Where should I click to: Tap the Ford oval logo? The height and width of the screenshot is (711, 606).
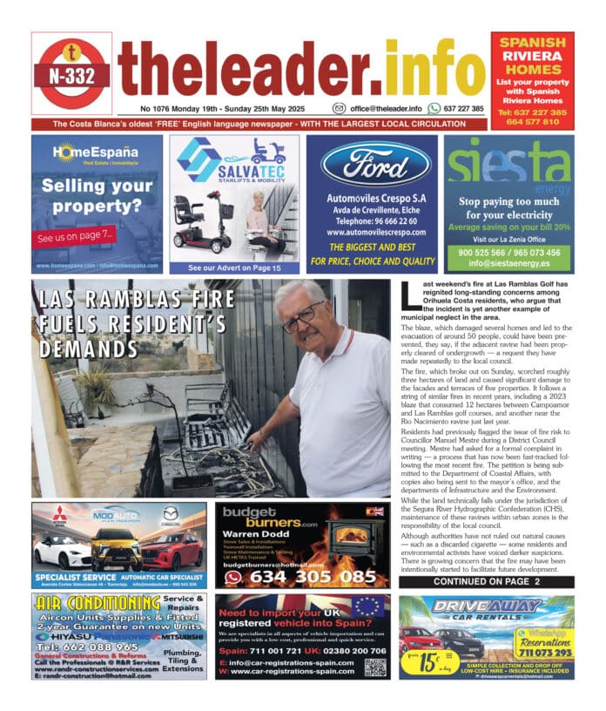pos(375,166)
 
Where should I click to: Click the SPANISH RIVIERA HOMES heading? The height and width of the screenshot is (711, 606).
pos(532,57)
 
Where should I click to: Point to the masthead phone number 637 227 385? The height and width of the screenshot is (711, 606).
pos(463,109)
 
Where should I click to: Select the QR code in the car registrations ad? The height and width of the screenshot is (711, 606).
pos(374,667)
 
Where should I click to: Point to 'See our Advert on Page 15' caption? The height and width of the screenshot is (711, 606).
pos(234,267)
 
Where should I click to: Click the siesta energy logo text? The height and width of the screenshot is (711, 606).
pos(508,164)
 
